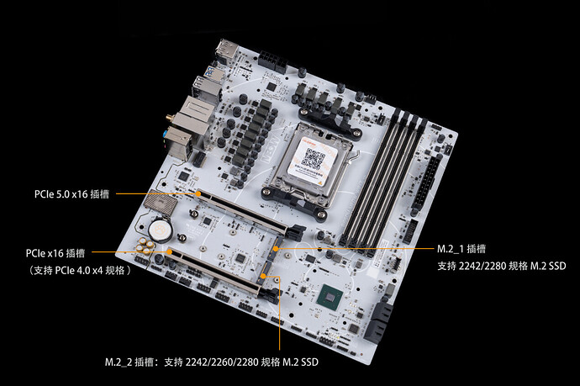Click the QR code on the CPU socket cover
(x=313, y=159)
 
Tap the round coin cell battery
(x=161, y=230)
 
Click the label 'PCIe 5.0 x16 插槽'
(x=71, y=194)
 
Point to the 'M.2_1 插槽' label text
(x=461, y=249)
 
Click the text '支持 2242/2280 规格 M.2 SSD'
(x=502, y=266)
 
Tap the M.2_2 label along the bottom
(x=212, y=362)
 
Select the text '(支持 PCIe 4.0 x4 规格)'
(x=80, y=270)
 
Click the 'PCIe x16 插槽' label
(x=55, y=253)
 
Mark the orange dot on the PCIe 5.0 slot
(x=198, y=193)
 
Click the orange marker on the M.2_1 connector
(x=276, y=248)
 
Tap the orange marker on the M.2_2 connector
(x=263, y=276)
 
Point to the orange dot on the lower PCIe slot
(x=170, y=252)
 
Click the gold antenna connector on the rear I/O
(x=170, y=118)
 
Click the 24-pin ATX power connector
(x=427, y=183)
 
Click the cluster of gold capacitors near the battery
(x=145, y=246)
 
